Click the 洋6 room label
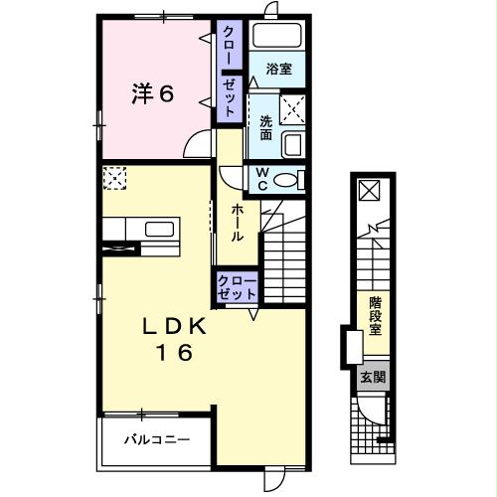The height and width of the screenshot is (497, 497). tap(154, 94)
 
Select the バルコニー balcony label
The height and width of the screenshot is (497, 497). tap(157, 438)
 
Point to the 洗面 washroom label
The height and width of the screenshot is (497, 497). tap(265, 126)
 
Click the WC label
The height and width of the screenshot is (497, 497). tap(262, 180)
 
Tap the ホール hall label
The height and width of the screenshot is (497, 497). tap(239, 224)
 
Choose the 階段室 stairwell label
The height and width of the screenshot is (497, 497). tap(376, 314)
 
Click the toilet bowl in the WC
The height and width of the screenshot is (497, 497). tap(287, 180)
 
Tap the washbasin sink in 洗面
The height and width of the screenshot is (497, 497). tap(293, 145)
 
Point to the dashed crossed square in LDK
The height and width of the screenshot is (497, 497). tap(114, 178)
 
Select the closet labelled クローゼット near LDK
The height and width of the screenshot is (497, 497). tap(237, 289)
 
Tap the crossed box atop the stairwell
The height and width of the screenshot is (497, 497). tap(367, 189)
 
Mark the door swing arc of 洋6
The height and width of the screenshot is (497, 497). tap(201, 146)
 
